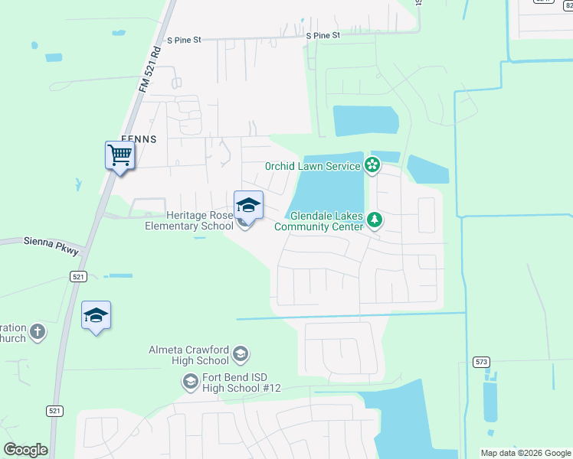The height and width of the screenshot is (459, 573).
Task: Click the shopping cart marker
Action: [x=120, y=156]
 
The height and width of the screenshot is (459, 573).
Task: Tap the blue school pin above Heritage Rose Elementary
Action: [x=248, y=205]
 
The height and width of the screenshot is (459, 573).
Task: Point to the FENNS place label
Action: [x=138, y=139]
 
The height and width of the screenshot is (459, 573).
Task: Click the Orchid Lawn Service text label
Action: [x=313, y=166]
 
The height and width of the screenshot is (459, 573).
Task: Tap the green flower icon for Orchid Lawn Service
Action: [x=372, y=164]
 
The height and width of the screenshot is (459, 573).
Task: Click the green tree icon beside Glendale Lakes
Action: [x=375, y=220]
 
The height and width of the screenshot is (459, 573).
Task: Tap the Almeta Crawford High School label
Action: [x=188, y=355]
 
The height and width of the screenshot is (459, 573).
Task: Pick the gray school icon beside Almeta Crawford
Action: [x=241, y=353]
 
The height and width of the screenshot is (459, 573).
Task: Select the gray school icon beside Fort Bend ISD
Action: [x=190, y=381]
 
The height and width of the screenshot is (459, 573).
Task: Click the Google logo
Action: [x=25, y=450]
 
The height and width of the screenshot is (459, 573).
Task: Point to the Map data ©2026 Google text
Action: [x=525, y=453]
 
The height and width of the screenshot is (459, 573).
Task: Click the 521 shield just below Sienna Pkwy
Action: [x=77, y=275]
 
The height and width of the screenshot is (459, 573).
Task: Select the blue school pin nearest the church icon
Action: [x=97, y=316]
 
